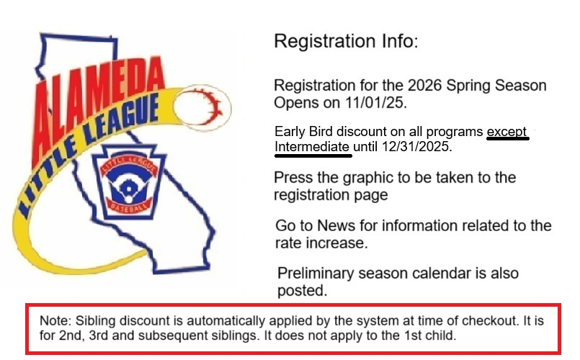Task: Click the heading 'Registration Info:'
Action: click(x=345, y=41)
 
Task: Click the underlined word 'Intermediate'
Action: click(x=313, y=147)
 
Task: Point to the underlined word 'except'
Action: click(x=507, y=133)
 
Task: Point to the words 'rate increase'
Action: click(x=322, y=243)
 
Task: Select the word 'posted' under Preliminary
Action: click(x=301, y=291)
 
